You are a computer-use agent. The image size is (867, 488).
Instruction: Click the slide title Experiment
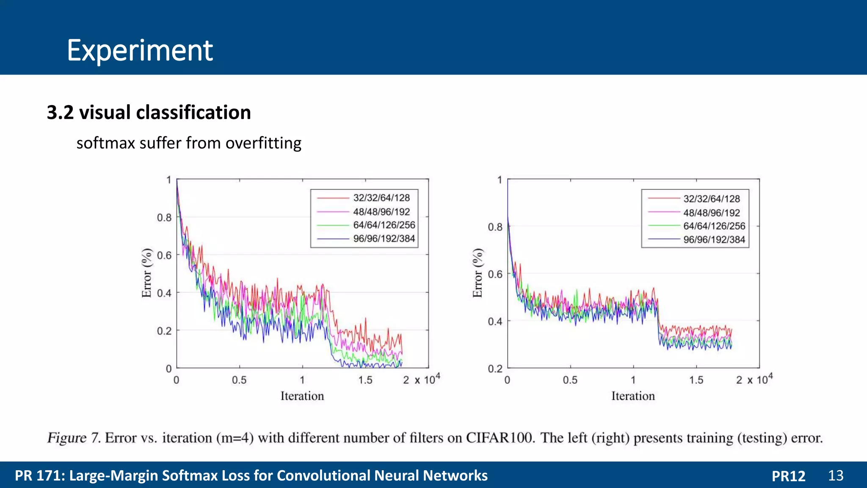[140, 50]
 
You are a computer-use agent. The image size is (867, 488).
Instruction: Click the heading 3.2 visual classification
[149, 113]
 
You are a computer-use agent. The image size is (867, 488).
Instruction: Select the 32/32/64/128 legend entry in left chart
[381, 198]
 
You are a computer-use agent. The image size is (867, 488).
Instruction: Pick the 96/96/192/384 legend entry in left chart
[384, 239]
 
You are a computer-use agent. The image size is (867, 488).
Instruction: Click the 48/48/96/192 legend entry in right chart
[711, 213]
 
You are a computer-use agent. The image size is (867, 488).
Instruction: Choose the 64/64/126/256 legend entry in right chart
[714, 226]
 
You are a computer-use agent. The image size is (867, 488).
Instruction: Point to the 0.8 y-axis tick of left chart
[164, 218]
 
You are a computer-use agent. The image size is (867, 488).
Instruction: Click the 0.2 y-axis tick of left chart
[164, 331]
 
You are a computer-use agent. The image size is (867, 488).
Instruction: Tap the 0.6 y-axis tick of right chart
[495, 274]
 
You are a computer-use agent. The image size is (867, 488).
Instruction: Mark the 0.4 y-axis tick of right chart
[495, 322]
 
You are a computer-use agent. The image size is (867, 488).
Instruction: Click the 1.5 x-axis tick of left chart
[365, 380]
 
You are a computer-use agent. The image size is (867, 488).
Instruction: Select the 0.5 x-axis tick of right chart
[570, 380]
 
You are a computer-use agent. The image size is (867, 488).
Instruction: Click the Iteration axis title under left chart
[302, 396]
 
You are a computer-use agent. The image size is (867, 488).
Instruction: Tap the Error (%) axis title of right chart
[478, 273]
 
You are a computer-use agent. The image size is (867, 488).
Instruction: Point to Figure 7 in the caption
[73, 438]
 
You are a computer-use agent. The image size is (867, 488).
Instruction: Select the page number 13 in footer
[835, 475]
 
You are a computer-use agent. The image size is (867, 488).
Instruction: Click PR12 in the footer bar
[788, 476]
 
